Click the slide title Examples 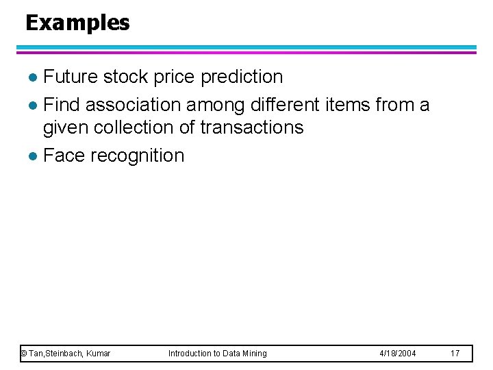[x=77, y=23]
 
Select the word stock [x=126, y=77]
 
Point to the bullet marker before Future [x=34, y=77]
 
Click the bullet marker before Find [x=34, y=106]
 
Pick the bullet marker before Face [x=34, y=156]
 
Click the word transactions [x=252, y=128]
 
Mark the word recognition [x=137, y=156]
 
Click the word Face [x=64, y=156]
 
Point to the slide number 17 [x=455, y=354]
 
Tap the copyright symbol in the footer [x=23, y=354]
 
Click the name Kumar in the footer [x=99, y=354]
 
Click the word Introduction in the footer [x=191, y=354]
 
